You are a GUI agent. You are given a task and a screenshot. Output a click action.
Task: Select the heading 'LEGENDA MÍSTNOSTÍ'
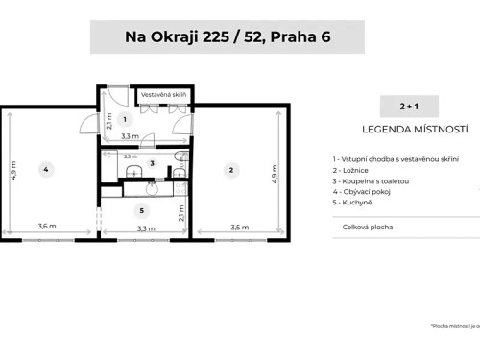[414, 128]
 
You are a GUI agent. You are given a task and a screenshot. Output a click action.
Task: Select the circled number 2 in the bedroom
[230, 170]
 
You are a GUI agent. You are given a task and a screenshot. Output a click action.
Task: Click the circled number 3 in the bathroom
[152, 163]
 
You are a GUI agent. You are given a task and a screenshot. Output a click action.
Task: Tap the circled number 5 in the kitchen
[142, 210]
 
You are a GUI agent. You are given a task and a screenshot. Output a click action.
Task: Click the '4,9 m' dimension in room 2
[276, 180]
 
